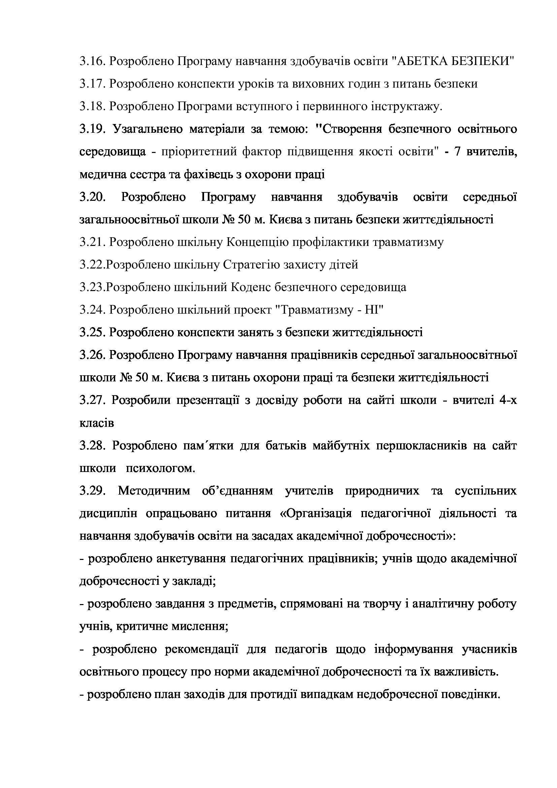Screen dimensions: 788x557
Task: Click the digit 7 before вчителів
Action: [457, 152]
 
